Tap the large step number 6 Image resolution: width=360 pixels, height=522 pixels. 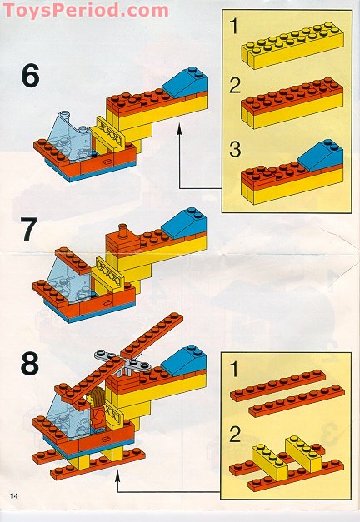30,77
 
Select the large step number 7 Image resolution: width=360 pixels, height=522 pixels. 30,229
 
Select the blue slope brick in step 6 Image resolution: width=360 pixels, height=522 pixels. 184,82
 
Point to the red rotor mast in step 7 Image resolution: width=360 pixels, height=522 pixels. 123,234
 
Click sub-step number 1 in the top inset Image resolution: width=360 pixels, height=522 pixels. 237,27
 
